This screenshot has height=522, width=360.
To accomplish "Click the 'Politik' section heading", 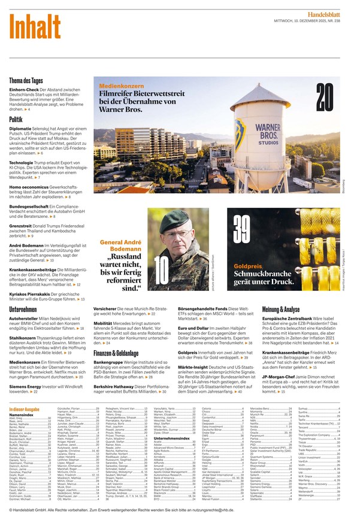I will coord(16,120).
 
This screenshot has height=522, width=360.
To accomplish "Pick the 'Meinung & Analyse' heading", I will coord(281,309).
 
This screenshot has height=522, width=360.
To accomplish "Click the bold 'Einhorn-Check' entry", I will coord(25,89).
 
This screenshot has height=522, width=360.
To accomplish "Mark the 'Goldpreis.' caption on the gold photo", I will coord(248,265).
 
